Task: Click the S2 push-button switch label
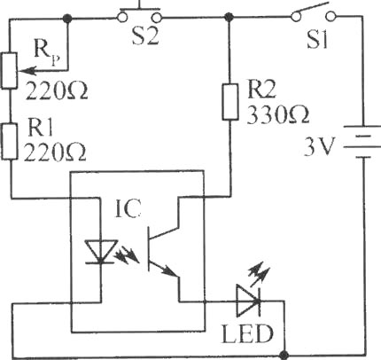tap(145, 37)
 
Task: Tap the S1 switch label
tap(317, 39)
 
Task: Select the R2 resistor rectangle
tap(230, 102)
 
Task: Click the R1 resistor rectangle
tap(9, 142)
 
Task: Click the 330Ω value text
tap(278, 114)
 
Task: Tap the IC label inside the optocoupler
tap(128, 209)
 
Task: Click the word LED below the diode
tap(247, 333)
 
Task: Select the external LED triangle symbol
tap(248, 301)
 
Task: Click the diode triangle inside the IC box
tap(100, 252)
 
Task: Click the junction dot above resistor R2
tap(228, 17)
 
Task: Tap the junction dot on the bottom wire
tap(284, 355)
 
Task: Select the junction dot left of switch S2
tap(67, 18)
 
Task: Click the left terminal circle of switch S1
tap(295, 16)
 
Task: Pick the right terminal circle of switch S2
tap(158, 18)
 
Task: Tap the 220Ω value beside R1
tap(55, 153)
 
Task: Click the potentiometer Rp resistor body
tap(9, 71)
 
